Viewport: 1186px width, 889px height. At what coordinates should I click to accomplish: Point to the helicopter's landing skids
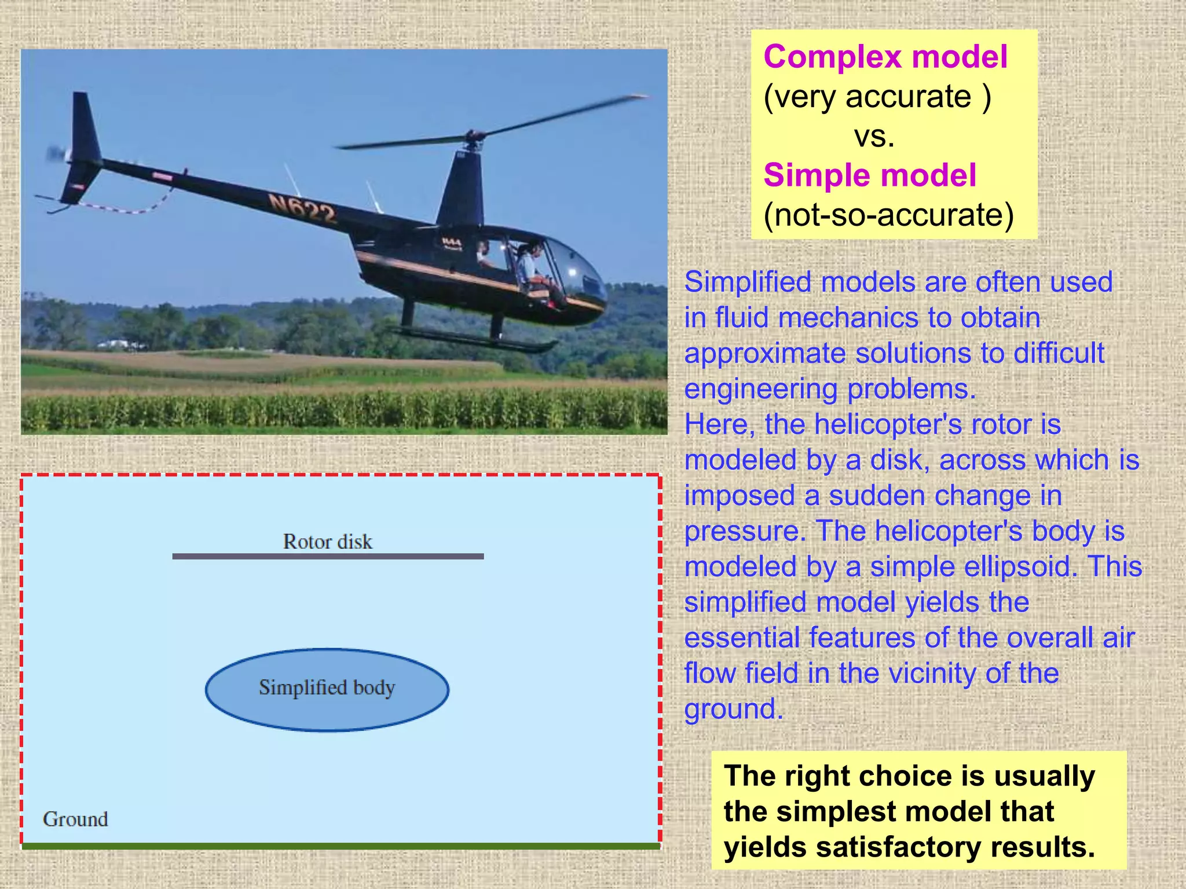[x=475, y=339]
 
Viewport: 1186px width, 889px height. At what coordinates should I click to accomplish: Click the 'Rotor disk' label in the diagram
[x=327, y=542]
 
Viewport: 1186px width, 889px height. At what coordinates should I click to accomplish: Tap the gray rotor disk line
[x=328, y=556]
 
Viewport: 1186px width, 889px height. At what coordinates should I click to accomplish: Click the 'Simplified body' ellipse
[x=327, y=689]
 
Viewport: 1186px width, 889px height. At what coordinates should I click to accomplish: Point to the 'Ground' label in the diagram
[x=75, y=819]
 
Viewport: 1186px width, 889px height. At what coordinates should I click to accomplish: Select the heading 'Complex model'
[x=885, y=57]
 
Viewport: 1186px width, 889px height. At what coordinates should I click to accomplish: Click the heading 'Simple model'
[x=870, y=175]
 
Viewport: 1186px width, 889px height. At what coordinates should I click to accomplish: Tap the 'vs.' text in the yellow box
[x=874, y=137]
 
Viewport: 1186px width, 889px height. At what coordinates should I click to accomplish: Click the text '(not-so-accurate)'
[x=888, y=215]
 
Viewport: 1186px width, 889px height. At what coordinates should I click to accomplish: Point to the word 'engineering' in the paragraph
[x=760, y=389]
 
